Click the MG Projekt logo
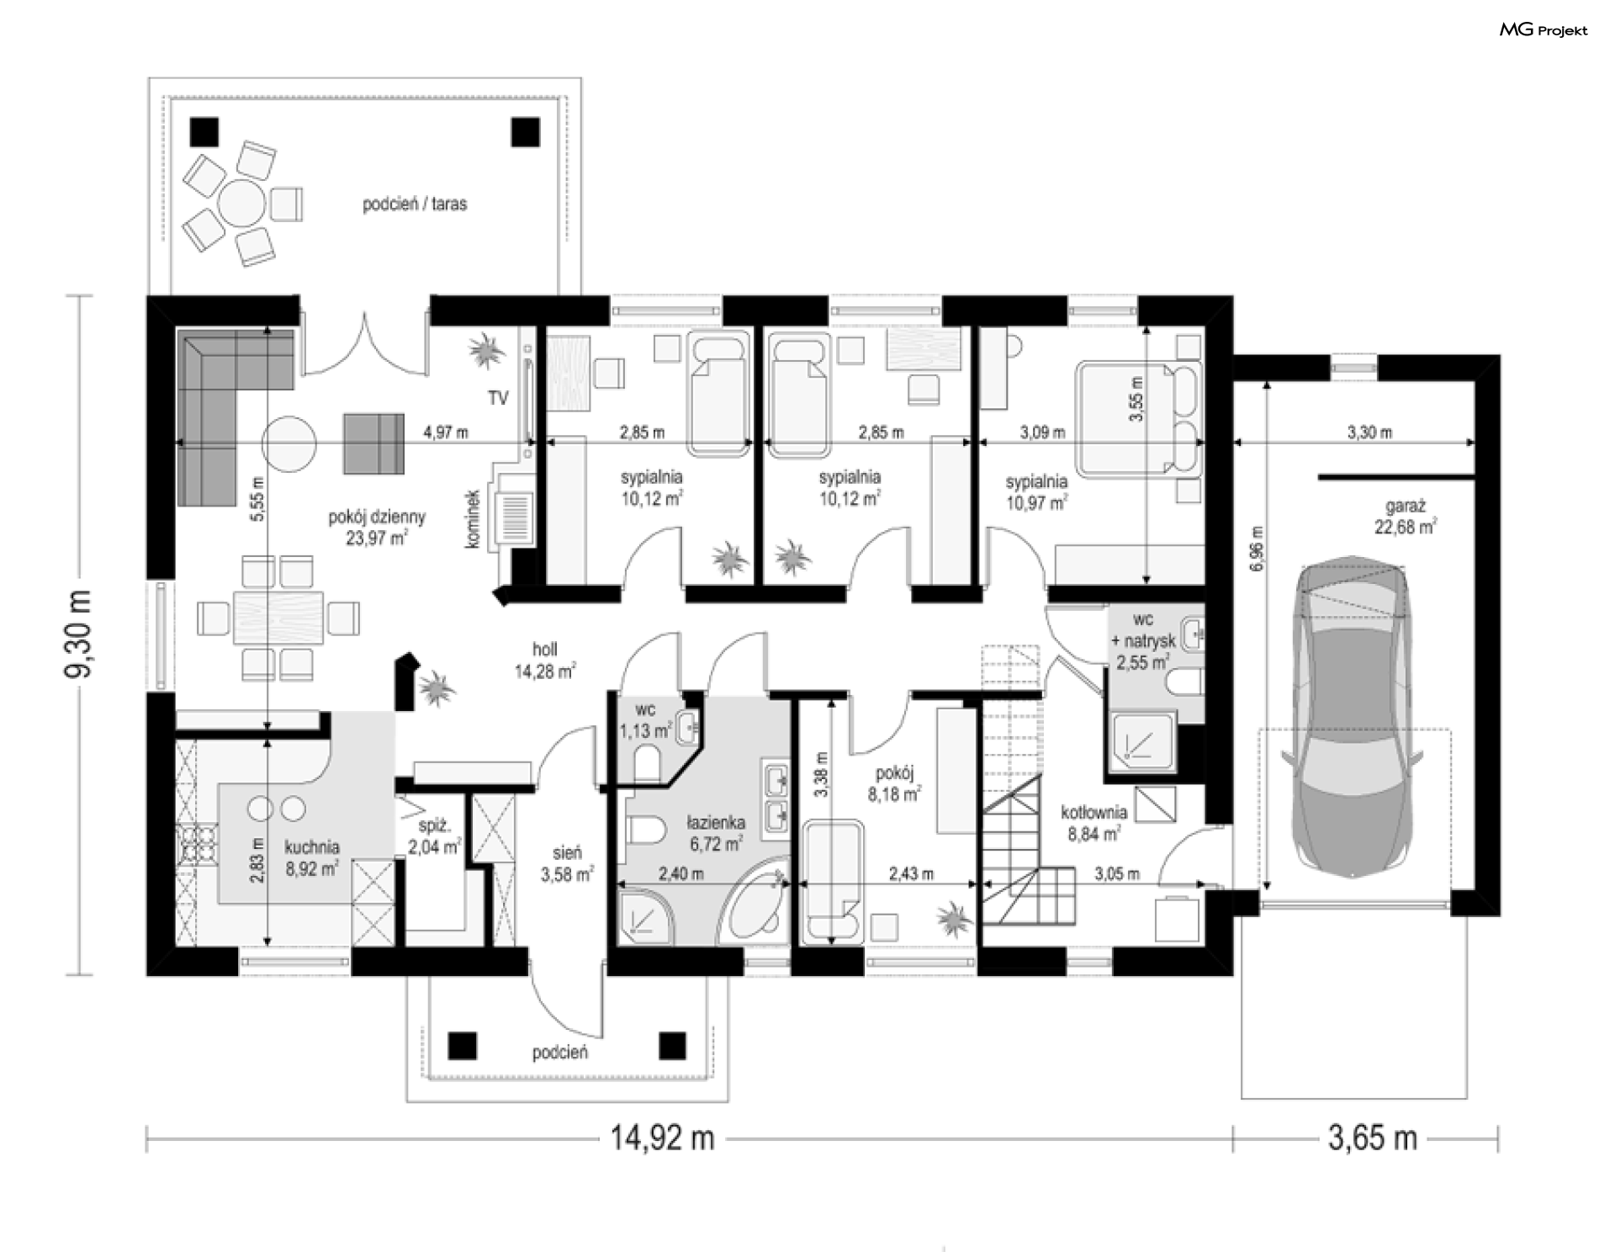coord(1544,30)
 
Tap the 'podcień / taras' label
coord(415,204)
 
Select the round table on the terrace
coord(242,203)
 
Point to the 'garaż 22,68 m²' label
coord(1405,517)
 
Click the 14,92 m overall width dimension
coord(662,1138)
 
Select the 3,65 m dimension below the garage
coord(1372,1138)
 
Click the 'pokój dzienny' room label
coord(377,517)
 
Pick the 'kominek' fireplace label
coord(472,520)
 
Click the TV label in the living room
coord(498,398)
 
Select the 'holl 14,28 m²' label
coord(545,660)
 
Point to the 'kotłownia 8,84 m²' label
coord(1093,823)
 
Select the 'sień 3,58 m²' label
coord(567,864)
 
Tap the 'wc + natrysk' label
coord(1143,630)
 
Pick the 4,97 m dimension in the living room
coord(446,432)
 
